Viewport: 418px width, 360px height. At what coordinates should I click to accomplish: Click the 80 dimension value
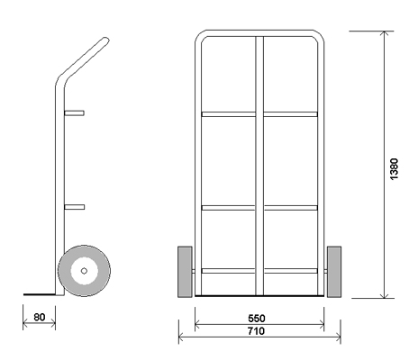point(40,317)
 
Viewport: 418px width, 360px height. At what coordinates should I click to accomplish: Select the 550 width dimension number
point(257,318)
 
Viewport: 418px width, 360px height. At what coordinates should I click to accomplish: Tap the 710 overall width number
point(256,331)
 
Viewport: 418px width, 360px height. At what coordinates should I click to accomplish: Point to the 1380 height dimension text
point(394,169)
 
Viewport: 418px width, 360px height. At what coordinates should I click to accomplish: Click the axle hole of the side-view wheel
point(84,271)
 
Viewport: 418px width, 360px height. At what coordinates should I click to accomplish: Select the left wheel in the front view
point(185,272)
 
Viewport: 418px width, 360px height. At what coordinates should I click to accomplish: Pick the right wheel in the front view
point(334,272)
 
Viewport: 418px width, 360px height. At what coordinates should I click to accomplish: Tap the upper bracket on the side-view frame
point(74,113)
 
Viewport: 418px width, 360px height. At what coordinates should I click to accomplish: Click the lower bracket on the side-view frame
point(75,207)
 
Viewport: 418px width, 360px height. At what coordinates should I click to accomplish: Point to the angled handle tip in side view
point(105,40)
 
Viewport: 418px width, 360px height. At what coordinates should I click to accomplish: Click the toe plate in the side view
point(40,294)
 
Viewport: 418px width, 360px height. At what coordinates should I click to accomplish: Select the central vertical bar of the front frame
point(259,166)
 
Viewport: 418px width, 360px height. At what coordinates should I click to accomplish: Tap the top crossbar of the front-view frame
point(259,33)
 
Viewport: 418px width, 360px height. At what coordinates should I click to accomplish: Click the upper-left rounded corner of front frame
point(199,35)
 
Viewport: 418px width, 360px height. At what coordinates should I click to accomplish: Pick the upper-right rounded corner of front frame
point(320,35)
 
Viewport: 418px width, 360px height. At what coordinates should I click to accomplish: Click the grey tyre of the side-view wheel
point(64,271)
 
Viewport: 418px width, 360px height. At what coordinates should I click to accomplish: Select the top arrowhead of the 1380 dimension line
point(385,33)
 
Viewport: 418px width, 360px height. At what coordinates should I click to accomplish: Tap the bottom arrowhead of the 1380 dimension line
point(385,295)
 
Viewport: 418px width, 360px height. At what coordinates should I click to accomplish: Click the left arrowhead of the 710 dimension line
point(181,337)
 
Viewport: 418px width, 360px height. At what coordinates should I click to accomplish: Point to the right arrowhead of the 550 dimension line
point(322,324)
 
